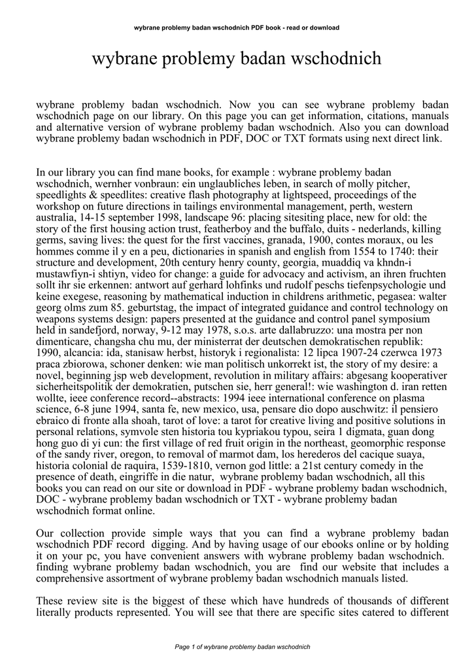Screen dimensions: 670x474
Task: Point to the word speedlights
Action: (x=63, y=195)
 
